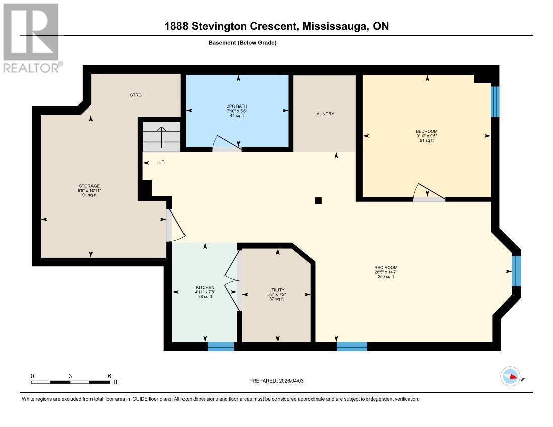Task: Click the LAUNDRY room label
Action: pyautogui.click(x=324, y=114)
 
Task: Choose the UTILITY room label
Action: pyautogui.click(x=276, y=290)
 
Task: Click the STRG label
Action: pyautogui.click(x=136, y=95)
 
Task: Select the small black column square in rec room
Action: pyautogui.click(x=318, y=201)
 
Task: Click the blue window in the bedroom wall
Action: pyautogui.click(x=495, y=101)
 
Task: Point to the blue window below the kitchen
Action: pyautogui.click(x=221, y=346)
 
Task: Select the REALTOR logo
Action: pyautogui.click(x=31, y=38)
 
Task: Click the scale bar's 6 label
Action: pyautogui.click(x=109, y=376)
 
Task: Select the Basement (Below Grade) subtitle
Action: pyautogui.click(x=242, y=43)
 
